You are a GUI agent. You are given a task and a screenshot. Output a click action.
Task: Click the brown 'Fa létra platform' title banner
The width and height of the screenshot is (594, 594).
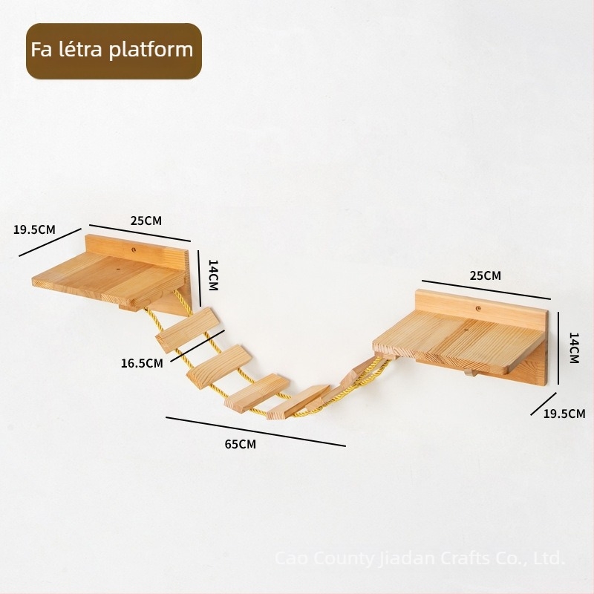tap(114, 50)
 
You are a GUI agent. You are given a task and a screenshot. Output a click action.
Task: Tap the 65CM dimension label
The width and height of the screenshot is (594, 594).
tap(240, 444)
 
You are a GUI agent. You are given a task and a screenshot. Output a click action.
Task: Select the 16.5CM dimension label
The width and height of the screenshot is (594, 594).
tap(142, 363)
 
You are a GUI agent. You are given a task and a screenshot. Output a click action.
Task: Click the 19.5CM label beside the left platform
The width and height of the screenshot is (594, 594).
tap(34, 229)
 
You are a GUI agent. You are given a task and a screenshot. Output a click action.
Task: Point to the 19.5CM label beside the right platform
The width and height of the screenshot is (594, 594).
tap(564, 414)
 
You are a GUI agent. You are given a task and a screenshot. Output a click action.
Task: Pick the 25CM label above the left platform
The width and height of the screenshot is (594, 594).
tap(146, 221)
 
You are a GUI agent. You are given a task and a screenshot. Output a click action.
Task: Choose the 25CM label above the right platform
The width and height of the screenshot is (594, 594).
tap(486, 275)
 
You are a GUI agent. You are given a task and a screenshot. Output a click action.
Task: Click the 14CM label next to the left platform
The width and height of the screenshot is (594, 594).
tap(213, 275)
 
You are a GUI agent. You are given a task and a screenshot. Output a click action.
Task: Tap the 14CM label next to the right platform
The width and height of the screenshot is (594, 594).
tap(574, 348)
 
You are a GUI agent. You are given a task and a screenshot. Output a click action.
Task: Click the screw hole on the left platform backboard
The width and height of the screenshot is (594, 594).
tap(134, 249)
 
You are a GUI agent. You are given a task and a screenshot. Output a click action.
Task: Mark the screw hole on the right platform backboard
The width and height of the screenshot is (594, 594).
tap(479, 308)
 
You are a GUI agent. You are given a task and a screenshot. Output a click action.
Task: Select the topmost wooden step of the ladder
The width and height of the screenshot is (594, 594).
tap(186, 330)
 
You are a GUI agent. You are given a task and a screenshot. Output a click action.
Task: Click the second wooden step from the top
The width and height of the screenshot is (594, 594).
tap(220, 366)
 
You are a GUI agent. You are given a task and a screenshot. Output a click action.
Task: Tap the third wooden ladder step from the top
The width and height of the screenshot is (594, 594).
tap(257, 393)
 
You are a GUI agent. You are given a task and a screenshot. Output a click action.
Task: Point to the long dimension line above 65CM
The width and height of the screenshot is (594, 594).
tap(255, 432)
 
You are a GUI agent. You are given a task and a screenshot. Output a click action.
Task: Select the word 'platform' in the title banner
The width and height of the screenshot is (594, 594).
tap(151, 50)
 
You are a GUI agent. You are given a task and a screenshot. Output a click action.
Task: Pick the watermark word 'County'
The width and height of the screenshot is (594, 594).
tap(345, 559)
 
